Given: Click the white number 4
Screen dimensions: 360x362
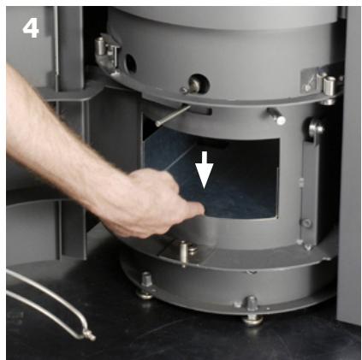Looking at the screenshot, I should [x=31, y=27].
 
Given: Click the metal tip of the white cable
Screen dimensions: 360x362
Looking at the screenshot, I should [x=87, y=333].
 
